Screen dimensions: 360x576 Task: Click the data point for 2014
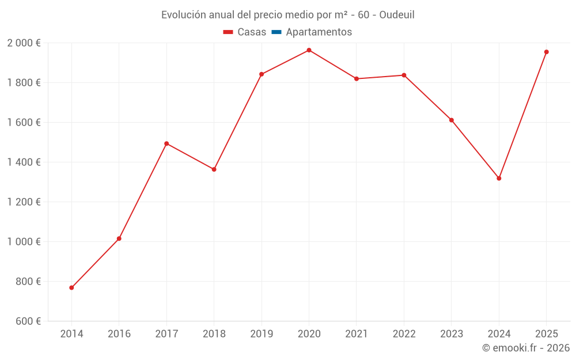coord(71,287)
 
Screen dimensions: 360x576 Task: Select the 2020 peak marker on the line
coord(309,50)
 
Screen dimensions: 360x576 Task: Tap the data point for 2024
coord(499,178)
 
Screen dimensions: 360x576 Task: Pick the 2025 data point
coord(547,52)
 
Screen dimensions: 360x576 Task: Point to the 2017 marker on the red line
coord(166,143)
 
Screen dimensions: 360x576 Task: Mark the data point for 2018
coord(214,169)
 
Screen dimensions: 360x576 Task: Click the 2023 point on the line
coord(452,120)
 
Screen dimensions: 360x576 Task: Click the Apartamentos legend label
coord(319,32)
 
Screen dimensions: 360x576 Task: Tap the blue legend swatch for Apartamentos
coord(276,32)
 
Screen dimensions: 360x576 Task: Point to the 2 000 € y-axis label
coord(24,43)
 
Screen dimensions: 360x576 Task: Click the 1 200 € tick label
coord(24,202)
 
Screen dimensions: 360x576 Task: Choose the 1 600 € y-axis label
coord(24,122)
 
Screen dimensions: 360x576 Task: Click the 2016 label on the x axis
coord(119,334)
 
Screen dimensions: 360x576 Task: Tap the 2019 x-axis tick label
coord(262,334)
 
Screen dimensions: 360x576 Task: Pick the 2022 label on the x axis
coord(404,334)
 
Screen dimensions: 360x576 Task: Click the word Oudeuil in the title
coord(397,15)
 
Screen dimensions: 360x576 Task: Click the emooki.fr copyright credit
coord(526,348)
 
